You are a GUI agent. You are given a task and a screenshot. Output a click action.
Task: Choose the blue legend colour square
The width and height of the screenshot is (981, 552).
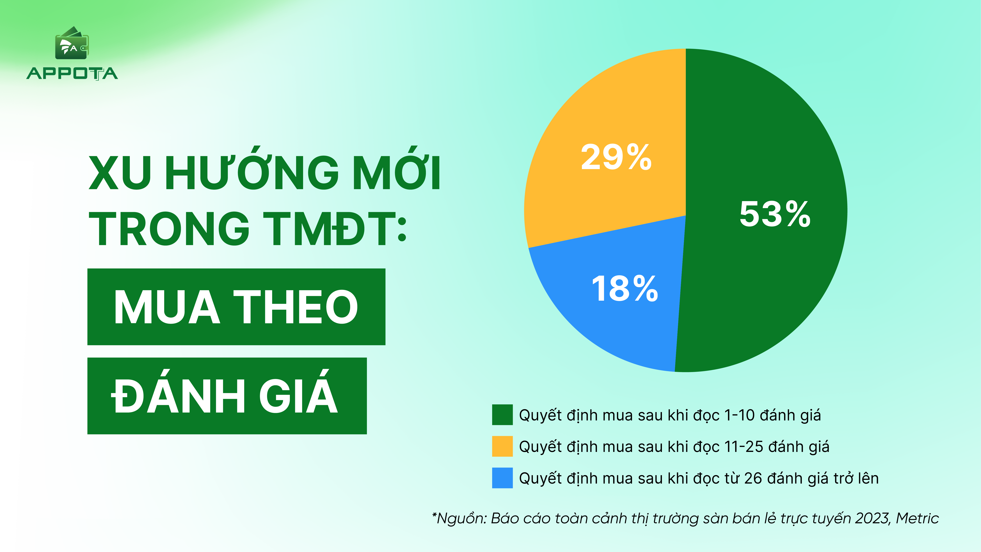[502, 478]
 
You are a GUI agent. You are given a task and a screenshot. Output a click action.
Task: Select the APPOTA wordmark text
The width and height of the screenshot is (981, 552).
[72, 73]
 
